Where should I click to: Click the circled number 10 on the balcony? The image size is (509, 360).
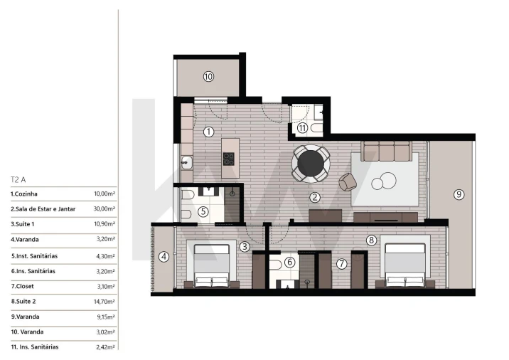click(208, 76)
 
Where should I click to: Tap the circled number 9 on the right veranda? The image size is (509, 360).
click(459, 194)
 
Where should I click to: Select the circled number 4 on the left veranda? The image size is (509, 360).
click(164, 257)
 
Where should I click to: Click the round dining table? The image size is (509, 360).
click(311, 163)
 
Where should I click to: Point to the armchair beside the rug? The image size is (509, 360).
click(348, 181)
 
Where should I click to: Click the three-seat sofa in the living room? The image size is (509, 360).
click(387, 151)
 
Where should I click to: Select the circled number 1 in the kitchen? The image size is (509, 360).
click(208, 132)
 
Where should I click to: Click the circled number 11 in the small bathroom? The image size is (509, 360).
click(303, 128)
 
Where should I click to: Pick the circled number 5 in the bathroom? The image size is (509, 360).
click(203, 211)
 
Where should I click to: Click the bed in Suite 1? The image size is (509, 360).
click(213, 265)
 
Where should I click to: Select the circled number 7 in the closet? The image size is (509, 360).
click(341, 264)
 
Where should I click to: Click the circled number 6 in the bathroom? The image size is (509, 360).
click(289, 262)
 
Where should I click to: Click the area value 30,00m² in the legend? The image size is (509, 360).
click(105, 209)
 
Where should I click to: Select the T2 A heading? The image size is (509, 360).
click(18, 180)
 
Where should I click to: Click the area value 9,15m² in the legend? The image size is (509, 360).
click(106, 317)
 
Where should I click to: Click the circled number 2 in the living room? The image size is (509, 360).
click(314, 197)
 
